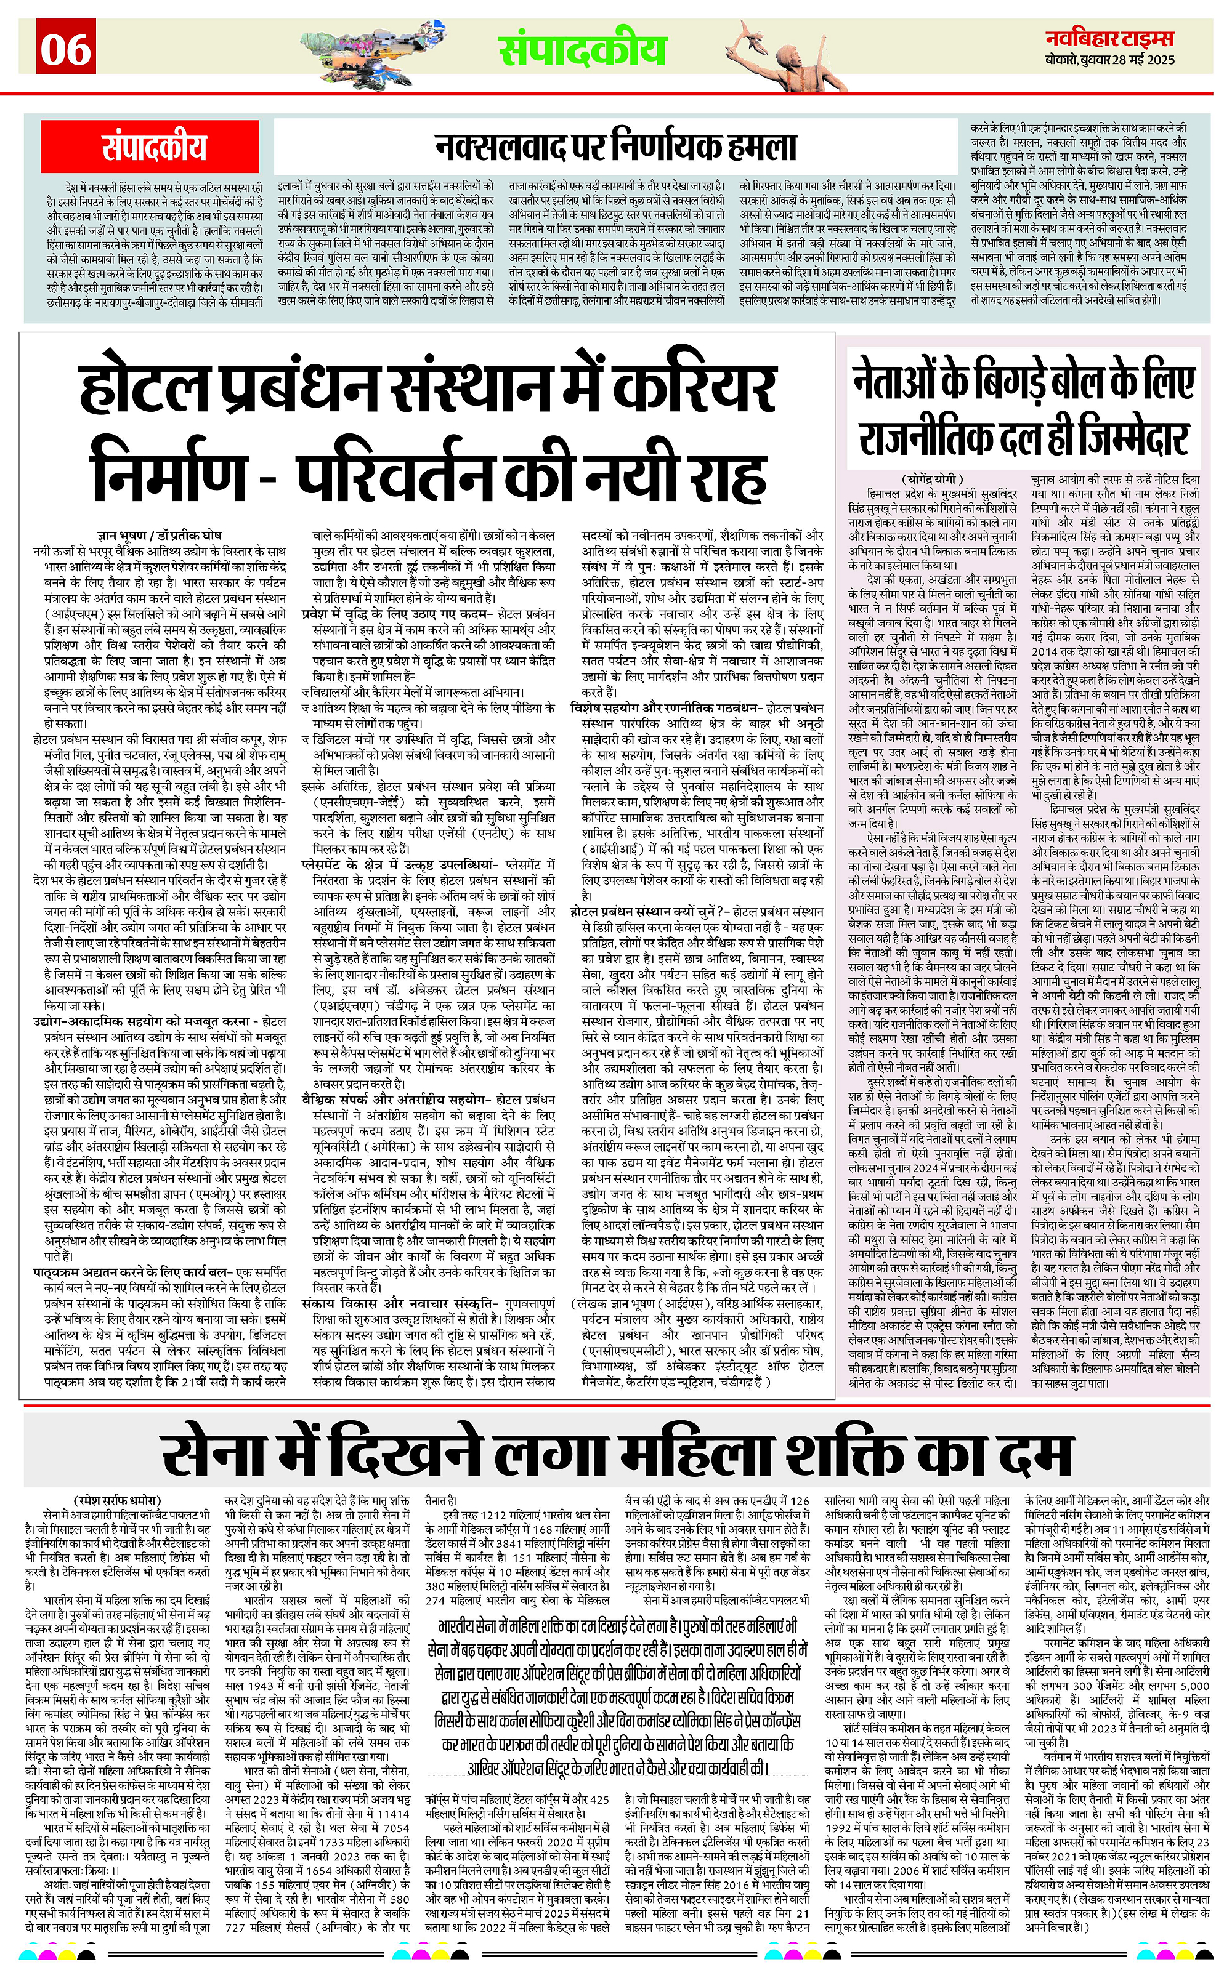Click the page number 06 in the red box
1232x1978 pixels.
coord(66,48)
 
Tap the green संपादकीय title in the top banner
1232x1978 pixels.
coord(583,49)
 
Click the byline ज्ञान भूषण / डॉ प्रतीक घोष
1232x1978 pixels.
coord(160,538)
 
